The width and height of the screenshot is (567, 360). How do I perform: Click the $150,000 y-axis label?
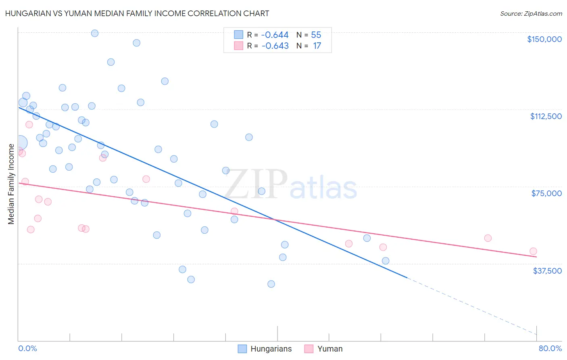tap(544, 39)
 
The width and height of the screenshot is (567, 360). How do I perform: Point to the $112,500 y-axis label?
tap(546, 116)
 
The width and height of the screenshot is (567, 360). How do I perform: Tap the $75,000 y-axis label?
tap(546, 193)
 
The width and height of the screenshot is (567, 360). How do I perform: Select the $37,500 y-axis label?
tap(547, 271)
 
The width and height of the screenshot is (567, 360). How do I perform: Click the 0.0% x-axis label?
tap(27, 348)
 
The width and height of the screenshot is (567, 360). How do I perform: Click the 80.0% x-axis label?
tap(550, 348)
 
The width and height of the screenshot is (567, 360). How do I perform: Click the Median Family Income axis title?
tap(11, 184)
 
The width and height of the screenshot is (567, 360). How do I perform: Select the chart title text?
tap(137, 13)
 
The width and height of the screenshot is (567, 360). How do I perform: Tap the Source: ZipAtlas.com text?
tap(531, 14)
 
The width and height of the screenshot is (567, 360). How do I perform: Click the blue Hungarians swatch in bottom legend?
tap(242, 349)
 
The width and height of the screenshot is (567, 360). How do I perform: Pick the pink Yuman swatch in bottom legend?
tap(309, 349)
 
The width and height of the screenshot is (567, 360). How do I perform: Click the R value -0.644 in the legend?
tap(275, 35)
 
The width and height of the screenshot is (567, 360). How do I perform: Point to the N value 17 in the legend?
tap(317, 46)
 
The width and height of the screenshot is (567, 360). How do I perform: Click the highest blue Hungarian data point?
tap(95, 33)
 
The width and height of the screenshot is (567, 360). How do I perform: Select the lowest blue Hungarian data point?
tap(271, 284)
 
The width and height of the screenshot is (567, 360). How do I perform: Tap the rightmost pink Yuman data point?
tap(533, 251)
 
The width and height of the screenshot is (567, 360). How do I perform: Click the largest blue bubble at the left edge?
tap(20, 142)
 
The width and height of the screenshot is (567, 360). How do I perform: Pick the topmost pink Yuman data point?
tap(29, 125)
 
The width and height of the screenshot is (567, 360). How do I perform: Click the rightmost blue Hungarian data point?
tap(386, 261)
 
